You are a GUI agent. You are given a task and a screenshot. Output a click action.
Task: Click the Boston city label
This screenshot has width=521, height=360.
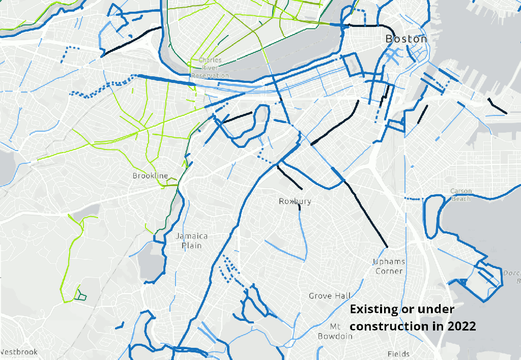(406, 39)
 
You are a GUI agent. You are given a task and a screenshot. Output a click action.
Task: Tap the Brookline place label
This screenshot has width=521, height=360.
(150, 176)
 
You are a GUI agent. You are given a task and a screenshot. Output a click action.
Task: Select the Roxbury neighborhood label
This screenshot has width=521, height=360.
(295, 201)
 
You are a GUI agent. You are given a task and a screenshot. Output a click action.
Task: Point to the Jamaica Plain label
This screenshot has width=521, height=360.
(192, 241)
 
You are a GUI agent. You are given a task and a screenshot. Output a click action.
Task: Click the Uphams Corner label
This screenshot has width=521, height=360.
(389, 266)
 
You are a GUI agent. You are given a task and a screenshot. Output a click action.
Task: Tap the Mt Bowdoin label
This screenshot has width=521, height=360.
(335, 331)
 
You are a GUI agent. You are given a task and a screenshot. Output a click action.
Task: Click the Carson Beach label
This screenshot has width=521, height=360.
(461, 195)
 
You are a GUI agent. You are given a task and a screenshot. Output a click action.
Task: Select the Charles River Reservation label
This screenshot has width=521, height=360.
(210, 68)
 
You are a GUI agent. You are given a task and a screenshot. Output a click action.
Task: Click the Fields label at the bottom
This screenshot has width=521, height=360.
(398, 354)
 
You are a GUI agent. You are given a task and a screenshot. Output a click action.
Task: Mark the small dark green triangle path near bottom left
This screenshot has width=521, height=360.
(80, 295)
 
